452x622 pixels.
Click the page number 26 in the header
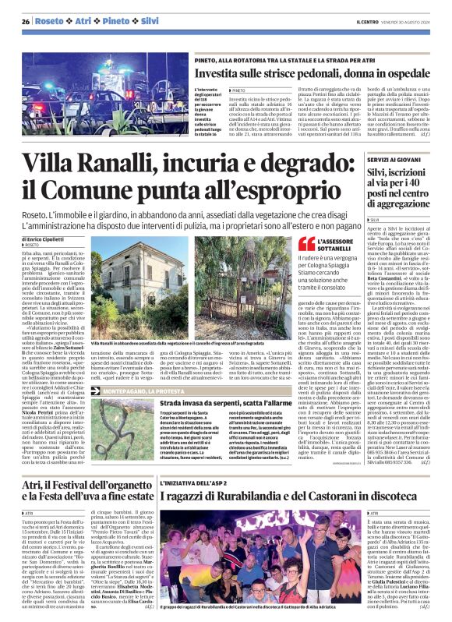click(x=26, y=21)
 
